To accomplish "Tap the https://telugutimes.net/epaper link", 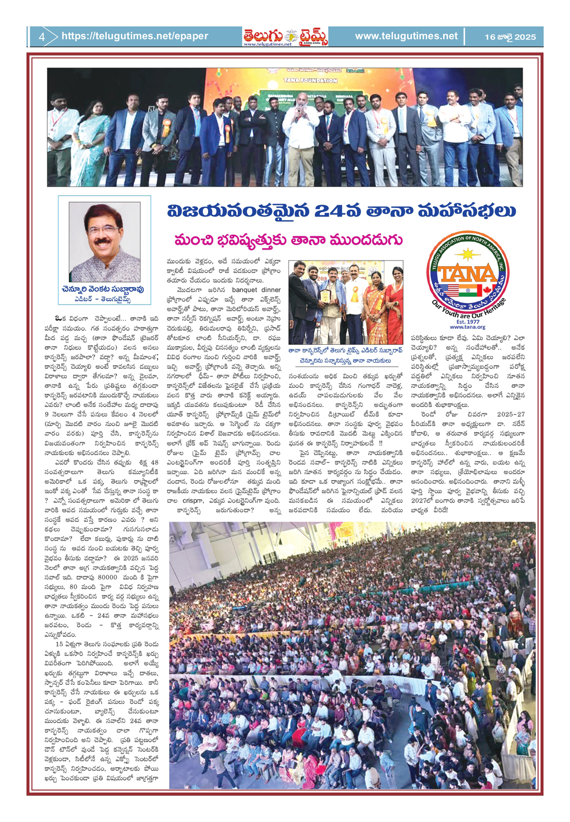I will tap(135, 36).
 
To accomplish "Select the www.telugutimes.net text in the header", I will tap(406, 36).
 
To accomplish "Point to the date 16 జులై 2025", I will tap(510, 37).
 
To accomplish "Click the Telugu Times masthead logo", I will tap(286, 36).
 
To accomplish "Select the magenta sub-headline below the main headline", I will tap(289, 240).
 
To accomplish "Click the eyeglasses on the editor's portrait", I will tap(104, 230).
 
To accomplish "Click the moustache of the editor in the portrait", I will tap(104, 240).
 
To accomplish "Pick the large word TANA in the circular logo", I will tap(467, 274).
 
